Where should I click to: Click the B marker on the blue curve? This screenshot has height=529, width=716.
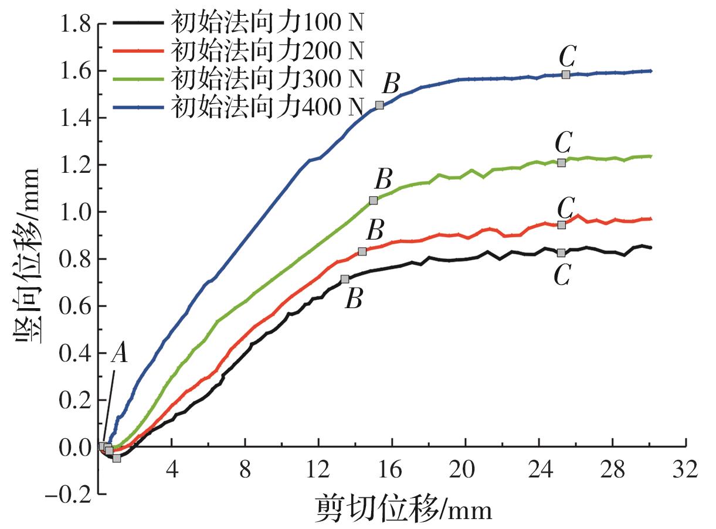pos(379,105)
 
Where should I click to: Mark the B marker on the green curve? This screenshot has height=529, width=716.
pos(374,200)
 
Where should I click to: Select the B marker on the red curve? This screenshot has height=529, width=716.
pos(362,251)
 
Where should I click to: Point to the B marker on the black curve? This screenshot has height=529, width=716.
pos(345,279)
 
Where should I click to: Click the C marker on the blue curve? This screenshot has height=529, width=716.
pos(565,74)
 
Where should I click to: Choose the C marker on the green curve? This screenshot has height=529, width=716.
pos(561,163)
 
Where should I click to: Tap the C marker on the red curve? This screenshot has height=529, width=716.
pos(561,225)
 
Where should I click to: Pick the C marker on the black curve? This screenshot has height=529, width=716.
pos(561,253)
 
